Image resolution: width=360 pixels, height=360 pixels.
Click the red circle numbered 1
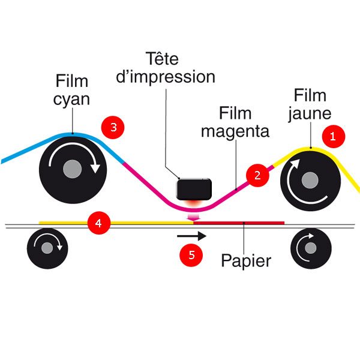pos(334,137)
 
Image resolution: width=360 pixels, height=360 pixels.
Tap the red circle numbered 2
pos(257,175)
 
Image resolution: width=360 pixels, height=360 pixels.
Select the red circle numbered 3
pos(113,127)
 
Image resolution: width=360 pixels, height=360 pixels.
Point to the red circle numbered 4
pos(99,223)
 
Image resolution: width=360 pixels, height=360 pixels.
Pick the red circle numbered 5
pos(191,255)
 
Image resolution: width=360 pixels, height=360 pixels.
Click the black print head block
pos(194,189)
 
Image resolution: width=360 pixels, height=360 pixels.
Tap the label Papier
pos(246,261)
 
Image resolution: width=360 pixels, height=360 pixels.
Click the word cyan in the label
pos(71,100)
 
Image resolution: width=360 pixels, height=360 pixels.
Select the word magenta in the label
pos(235,131)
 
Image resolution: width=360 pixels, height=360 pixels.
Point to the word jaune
pos(310,113)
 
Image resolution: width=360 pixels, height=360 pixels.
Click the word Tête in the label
pos(162,59)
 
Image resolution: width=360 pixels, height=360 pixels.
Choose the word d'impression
pos(166,77)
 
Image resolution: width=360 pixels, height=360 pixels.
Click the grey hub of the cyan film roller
pos(73,169)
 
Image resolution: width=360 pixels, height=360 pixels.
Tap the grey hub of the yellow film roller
pos(310,180)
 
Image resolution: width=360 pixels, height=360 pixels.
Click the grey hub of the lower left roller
pos(47,248)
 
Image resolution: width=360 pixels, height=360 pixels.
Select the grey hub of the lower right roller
pos(311,248)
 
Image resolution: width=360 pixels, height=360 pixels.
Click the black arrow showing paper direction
pos(192,236)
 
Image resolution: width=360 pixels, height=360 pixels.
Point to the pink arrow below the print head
pos(194,217)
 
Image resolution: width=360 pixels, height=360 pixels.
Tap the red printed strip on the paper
pos(239,223)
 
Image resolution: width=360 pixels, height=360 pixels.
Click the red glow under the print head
pos(194,203)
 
